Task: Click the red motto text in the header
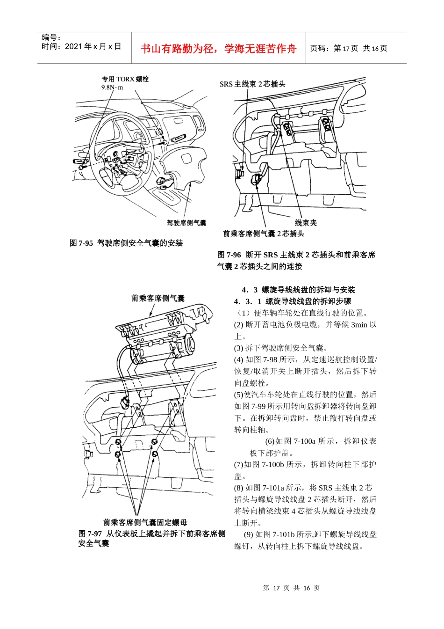[219, 49]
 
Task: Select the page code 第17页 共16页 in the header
[349, 48]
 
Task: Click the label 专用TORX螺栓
[125, 79]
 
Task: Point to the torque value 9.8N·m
[112, 88]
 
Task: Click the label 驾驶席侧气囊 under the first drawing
[186, 223]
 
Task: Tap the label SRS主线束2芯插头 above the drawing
[252, 84]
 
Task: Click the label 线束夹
[306, 223]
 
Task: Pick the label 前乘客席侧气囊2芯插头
[264, 233]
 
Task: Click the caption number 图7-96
[229, 255]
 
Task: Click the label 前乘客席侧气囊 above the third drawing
[158, 298]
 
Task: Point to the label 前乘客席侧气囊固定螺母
[145, 522]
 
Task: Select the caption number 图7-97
[90, 534]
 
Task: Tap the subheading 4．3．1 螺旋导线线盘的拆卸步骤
[293, 301]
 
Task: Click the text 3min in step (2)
[359, 325]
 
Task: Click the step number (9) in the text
[249, 534]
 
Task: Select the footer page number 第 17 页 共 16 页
[291, 588]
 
